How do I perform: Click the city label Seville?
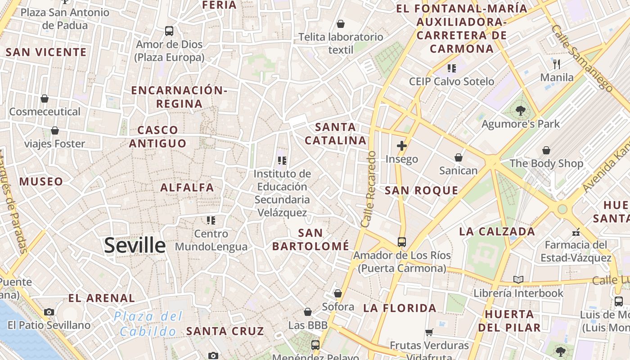click(x=135, y=245)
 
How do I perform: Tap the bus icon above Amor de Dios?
click(x=169, y=31)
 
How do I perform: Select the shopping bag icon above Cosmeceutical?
click(x=45, y=99)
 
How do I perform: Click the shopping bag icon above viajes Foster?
click(x=54, y=130)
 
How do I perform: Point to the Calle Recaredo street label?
click(x=368, y=189)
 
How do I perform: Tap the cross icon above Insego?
click(x=401, y=146)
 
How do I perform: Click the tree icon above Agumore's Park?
click(x=521, y=110)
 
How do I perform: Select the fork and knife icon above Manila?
click(x=557, y=64)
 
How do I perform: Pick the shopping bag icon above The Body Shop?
click(x=546, y=150)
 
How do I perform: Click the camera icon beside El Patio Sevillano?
click(x=49, y=312)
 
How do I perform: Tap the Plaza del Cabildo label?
click(x=148, y=324)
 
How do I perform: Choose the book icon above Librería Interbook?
click(x=518, y=280)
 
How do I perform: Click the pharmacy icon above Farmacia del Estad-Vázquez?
click(x=576, y=232)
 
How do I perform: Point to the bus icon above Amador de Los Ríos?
click(x=402, y=242)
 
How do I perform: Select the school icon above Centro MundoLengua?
click(x=211, y=220)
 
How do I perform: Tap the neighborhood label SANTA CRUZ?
click(x=225, y=331)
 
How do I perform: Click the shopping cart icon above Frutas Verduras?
click(x=429, y=333)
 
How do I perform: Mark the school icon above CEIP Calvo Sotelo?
click(x=451, y=68)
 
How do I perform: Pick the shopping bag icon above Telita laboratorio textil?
click(x=341, y=24)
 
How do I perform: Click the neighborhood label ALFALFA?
click(x=187, y=188)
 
